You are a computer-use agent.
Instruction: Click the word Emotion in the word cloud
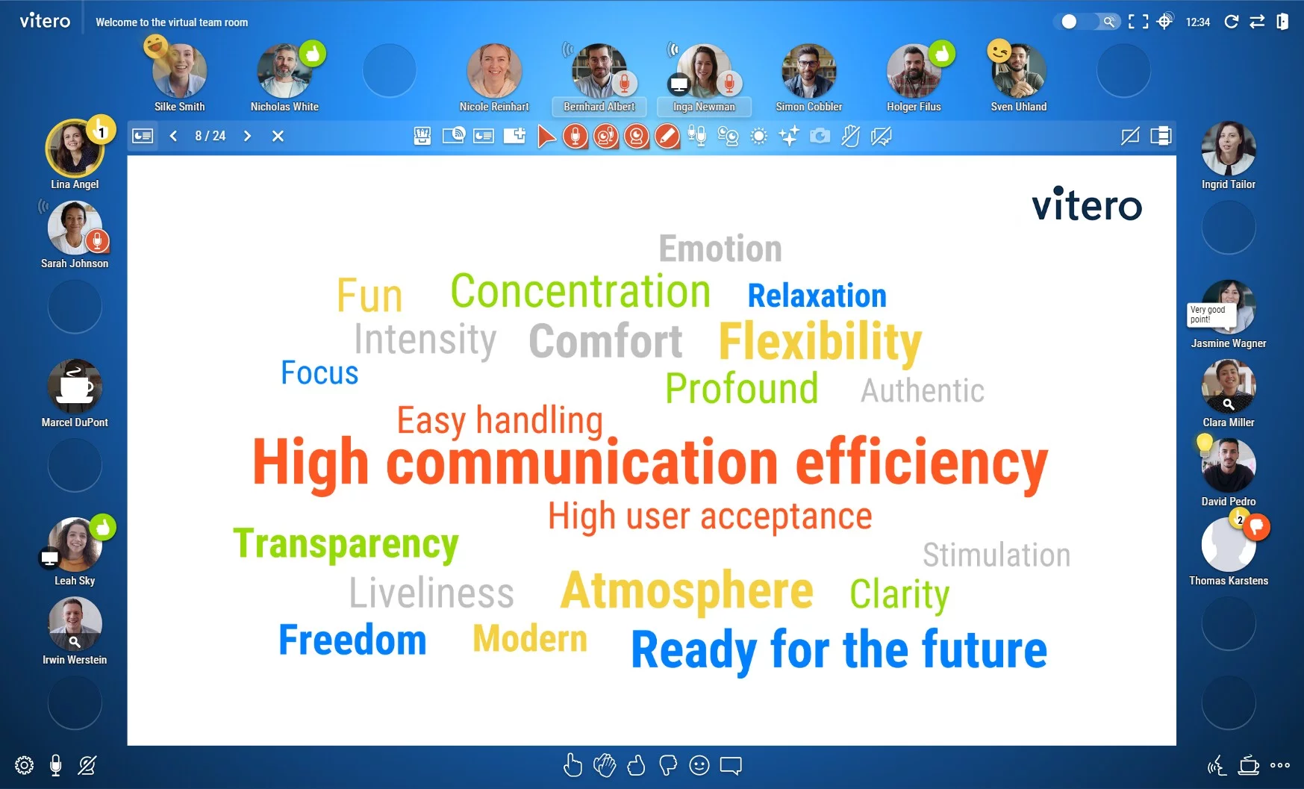[720, 249]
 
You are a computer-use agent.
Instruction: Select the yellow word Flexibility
[820, 342]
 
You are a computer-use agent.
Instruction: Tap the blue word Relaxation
[817, 296]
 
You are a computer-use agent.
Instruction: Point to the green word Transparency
[346, 543]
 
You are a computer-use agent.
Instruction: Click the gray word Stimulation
[996, 555]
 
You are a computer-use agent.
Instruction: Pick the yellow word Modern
[530, 639]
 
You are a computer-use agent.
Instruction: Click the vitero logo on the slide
[1086, 205]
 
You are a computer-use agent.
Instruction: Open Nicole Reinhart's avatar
[494, 72]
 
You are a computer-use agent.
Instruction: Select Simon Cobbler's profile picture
[808, 72]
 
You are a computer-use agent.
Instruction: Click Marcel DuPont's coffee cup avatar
[75, 387]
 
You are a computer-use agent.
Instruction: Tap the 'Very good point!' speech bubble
[1207, 314]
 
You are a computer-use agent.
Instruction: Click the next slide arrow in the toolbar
[247, 136]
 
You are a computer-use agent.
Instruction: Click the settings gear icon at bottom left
[24, 765]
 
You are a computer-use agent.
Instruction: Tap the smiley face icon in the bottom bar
[699, 765]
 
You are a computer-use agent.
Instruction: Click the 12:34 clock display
[1197, 22]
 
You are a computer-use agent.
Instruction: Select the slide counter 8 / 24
[210, 136]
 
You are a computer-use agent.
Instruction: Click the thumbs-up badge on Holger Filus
[942, 54]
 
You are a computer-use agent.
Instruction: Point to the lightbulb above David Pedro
[1204, 443]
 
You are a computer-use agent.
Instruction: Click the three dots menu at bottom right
[1279, 765]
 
